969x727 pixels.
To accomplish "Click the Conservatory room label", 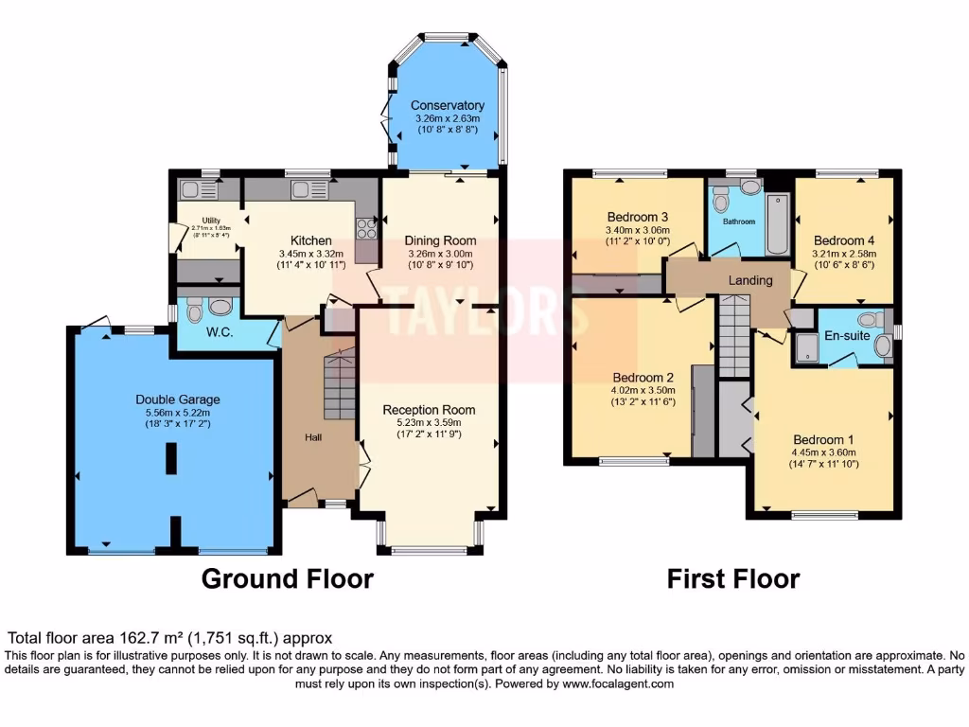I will (x=448, y=105).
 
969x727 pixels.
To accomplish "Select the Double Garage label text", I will (x=170, y=399).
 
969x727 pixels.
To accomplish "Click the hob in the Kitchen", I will (x=366, y=228).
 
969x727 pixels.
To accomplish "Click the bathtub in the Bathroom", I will (x=777, y=224).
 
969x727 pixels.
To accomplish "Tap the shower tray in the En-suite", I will (x=806, y=348).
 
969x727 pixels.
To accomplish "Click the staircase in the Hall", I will (x=338, y=383).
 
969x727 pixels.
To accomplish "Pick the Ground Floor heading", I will (x=288, y=578).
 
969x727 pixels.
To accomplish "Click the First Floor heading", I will (x=733, y=578).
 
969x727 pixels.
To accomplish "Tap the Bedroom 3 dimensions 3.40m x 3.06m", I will (x=638, y=230).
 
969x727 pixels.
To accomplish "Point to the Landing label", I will (x=749, y=280).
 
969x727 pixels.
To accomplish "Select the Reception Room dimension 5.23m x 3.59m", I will (x=428, y=423).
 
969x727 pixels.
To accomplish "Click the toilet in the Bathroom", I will (x=722, y=200).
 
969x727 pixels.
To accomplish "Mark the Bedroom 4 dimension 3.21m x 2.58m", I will (x=845, y=254).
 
